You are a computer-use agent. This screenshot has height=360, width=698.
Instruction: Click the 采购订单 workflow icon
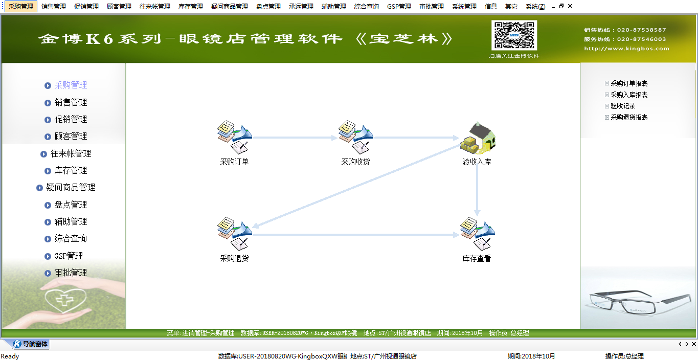point(234,138)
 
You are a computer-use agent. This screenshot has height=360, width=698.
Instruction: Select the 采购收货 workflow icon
point(355,138)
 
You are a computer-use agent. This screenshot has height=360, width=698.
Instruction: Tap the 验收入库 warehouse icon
point(477,138)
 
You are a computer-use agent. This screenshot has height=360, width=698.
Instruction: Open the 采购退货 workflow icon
point(234,234)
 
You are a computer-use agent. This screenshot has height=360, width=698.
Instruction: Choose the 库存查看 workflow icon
point(477,234)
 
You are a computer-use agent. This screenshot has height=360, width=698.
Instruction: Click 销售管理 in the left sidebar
point(71,102)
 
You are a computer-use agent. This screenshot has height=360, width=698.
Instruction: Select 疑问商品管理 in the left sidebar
point(71,188)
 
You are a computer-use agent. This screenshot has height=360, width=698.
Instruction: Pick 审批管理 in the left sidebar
point(71,273)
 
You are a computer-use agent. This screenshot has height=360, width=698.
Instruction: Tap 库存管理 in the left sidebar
point(71,171)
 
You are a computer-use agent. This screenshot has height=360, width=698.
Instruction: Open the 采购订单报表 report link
point(629,83)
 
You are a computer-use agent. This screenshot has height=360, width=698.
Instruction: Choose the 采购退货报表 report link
point(629,117)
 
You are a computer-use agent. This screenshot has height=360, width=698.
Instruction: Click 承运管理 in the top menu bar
point(301,7)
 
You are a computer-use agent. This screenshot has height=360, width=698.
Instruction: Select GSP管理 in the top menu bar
point(399,7)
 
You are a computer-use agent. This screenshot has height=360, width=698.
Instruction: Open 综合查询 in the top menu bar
point(367,7)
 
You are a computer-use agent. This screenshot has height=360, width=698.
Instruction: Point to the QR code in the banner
point(514,35)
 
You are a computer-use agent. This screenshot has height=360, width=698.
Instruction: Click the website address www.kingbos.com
point(626,49)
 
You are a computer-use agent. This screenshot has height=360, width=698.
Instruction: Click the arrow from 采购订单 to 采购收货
point(294,138)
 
